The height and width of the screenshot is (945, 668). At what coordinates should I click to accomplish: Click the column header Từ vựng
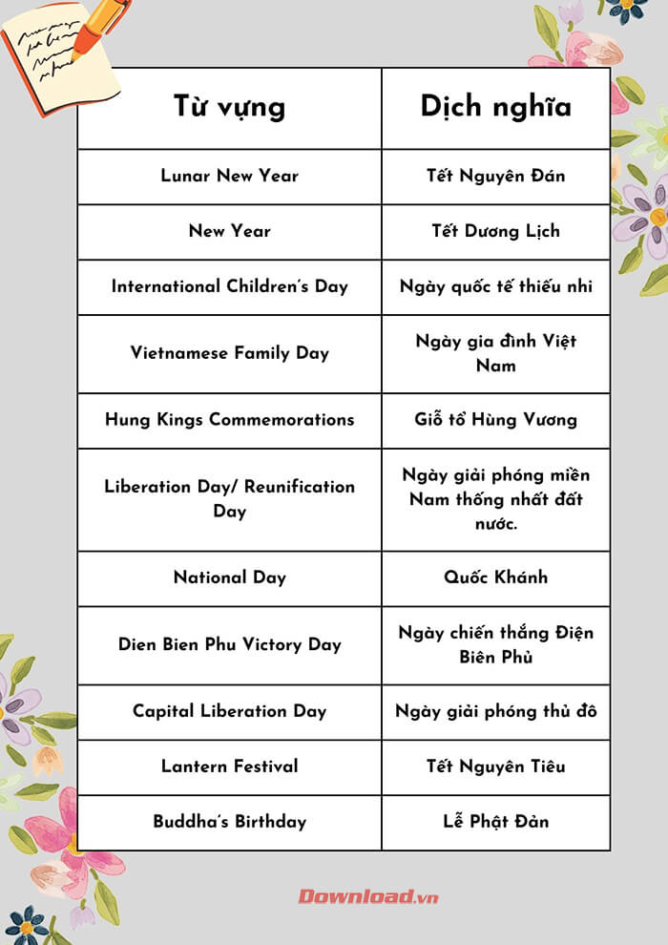[x=229, y=106]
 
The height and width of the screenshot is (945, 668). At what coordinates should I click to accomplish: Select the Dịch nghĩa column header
[x=495, y=106]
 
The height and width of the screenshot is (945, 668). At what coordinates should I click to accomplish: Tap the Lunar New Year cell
[x=229, y=176]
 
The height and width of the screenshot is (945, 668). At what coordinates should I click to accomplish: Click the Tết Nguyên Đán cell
[x=495, y=176]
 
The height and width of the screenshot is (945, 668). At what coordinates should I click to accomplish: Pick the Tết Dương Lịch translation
[x=495, y=231]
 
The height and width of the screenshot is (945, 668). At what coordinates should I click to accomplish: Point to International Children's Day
[x=229, y=286]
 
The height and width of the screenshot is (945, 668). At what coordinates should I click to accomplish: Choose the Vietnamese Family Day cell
[x=229, y=353]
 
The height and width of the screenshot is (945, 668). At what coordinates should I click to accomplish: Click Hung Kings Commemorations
[x=229, y=420]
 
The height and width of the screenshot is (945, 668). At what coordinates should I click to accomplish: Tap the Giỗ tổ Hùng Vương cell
[x=495, y=420]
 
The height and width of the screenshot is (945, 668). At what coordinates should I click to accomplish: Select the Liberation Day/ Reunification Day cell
[x=229, y=498]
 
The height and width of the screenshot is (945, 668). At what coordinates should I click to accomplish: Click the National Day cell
[x=229, y=577]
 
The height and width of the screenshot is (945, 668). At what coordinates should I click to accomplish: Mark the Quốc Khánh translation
[x=495, y=577]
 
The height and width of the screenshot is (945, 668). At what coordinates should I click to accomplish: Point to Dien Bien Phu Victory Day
[x=229, y=644]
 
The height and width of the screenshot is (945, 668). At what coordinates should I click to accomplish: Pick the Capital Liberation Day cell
[x=229, y=711]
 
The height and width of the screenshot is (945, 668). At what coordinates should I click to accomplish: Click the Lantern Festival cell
[x=229, y=766]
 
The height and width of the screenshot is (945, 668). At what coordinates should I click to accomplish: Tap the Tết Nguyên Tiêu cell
[x=495, y=766]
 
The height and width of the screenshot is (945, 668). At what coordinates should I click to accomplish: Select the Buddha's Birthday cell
[x=229, y=822]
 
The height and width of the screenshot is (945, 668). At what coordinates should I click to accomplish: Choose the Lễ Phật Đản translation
[x=495, y=822]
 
